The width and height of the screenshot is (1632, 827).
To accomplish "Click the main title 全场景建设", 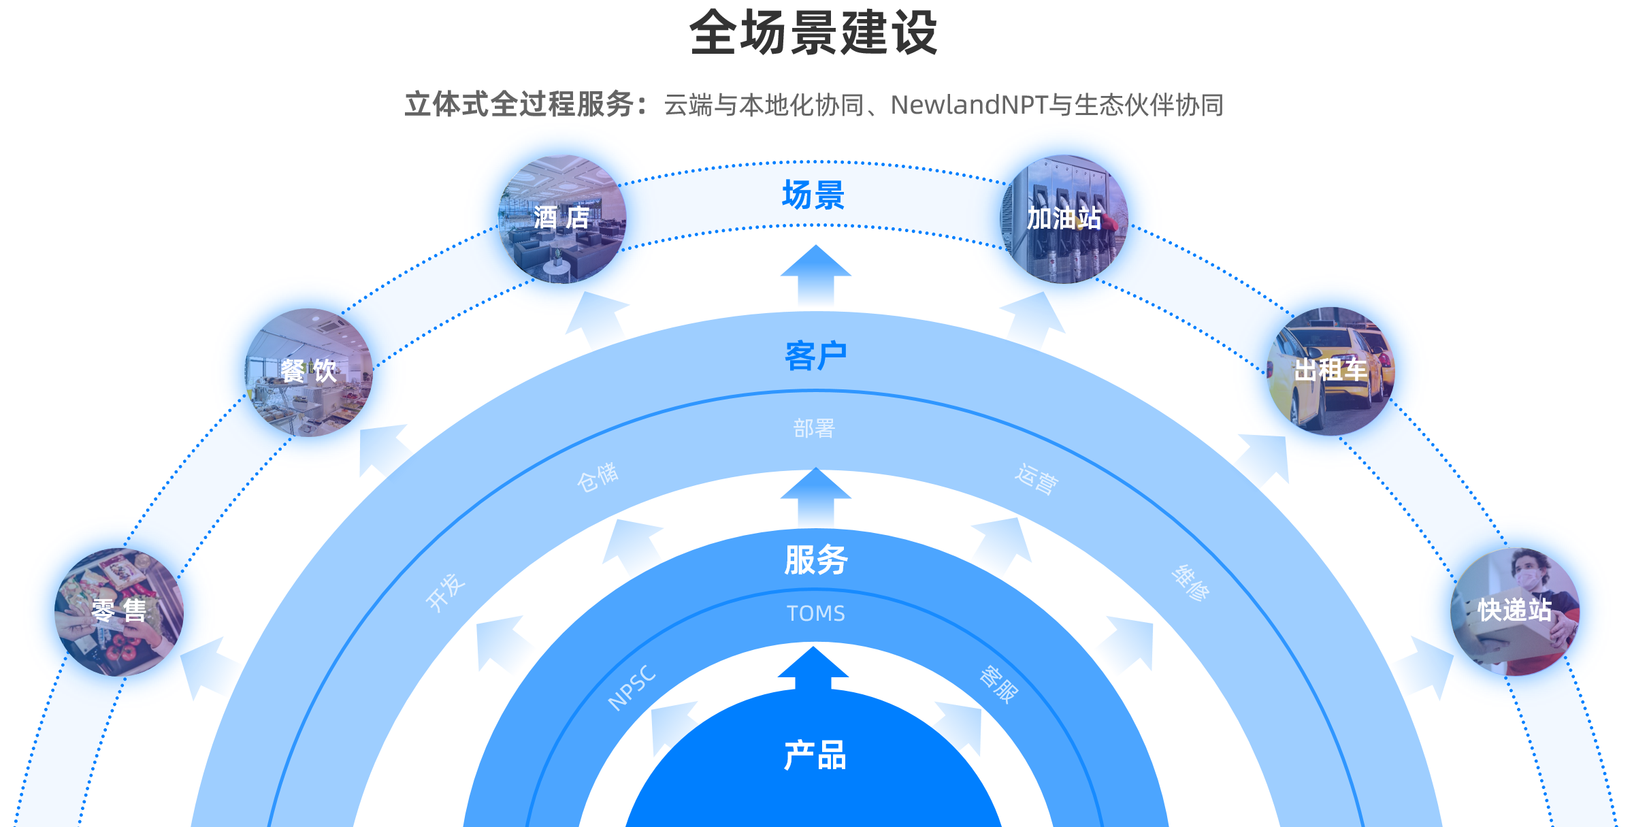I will click(814, 33).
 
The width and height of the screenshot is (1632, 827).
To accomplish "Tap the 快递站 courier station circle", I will click(1515, 611).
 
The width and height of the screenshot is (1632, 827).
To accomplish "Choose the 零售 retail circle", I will click(119, 611).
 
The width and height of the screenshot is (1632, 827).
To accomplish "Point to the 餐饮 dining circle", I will click(309, 372).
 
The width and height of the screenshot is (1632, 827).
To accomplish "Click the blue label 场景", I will click(814, 195).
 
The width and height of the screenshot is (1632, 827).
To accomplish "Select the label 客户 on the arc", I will click(815, 356).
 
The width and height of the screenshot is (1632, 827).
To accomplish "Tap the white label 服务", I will click(815, 560).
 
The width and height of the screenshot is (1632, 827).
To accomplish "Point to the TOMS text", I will click(815, 614).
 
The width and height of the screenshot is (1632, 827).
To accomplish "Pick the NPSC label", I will click(632, 688).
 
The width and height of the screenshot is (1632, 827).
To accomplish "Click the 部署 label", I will click(814, 429).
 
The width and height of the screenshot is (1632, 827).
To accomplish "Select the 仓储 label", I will click(598, 476).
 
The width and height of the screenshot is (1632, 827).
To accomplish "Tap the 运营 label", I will click(1037, 479).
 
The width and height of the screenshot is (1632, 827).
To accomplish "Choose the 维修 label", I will click(1190, 583).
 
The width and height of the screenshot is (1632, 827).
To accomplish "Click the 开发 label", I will click(445, 591).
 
